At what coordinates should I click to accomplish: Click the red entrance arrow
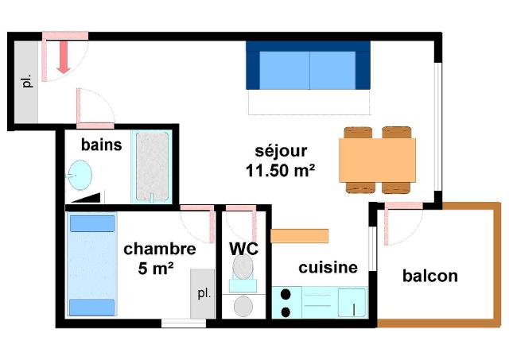(x=64, y=56)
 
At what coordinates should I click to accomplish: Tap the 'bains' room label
(x=102, y=145)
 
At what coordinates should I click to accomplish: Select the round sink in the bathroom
(x=80, y=175)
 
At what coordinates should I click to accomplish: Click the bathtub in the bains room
(x=152, y=166)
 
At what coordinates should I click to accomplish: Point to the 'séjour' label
(x=281, y=151)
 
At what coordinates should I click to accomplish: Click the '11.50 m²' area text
(x=281, y=171)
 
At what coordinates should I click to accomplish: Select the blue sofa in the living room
(x=308, y=65)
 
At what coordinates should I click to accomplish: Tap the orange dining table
(x=377, y=160)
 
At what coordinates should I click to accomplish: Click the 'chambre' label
(x=160, y=249)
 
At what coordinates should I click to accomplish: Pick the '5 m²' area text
(x=156, y=269)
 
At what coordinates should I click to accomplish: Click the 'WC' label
(x=244, y=249)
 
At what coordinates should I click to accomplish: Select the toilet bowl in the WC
(x=243, y=267)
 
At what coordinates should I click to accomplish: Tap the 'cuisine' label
(x=328, y=268)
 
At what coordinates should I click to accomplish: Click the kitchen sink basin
(x=352, y=303)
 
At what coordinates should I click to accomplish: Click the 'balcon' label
(x=430, y=276)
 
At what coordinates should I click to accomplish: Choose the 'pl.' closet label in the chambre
(x=204, y=293)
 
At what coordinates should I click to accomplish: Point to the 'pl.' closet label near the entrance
(x=27, y=81)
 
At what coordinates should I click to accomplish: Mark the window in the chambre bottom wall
(x=184, y=323)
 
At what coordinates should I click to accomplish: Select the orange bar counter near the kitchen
(x=300, y=236)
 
